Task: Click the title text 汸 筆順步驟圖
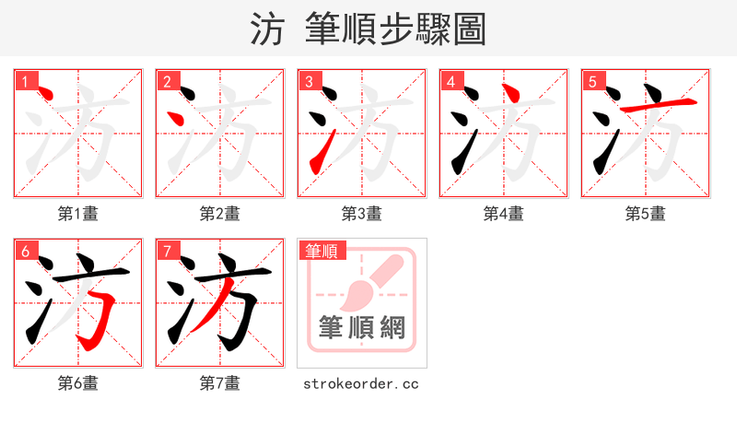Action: [x=368, y=29]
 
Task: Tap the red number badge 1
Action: [x=25, y=81]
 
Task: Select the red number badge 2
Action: [x=167, y=81]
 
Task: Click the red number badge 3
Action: [x=309, y=81]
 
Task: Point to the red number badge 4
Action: [x=450, y=81]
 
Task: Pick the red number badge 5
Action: [x=592, y=81]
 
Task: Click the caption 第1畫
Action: [x=77, y=214]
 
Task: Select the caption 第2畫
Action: [x=219, y=214]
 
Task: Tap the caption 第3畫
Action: [x=361, y=214]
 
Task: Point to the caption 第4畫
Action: [x=503, y=214]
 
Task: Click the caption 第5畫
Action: [x=645, y=214]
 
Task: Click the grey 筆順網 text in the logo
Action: [x=361, y=327]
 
